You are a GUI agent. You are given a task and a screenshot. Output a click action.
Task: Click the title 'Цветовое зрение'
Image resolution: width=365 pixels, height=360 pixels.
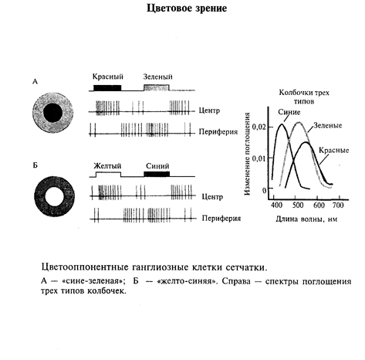pyautogui.click(x=187, y=8)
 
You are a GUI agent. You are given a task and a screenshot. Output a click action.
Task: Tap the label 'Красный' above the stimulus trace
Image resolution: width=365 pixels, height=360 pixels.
pyautogui.click(x=108, y=76)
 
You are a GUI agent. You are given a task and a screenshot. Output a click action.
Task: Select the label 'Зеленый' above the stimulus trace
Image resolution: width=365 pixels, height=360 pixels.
pyautogui.click(x=157, y=76)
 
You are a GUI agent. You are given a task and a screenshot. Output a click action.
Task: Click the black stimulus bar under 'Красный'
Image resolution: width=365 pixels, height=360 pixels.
pyautogui.click(x=107, y=88)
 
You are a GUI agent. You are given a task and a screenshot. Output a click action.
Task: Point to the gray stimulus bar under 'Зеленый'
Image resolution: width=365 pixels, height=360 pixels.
pyautogui.click(x=157, y=88)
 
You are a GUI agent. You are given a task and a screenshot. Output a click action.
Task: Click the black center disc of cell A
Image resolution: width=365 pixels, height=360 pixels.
pyautogui.click(x=52, y=113)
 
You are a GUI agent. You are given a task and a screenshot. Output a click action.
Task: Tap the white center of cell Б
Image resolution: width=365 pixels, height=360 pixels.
pyautogui.click(x=54, y=197)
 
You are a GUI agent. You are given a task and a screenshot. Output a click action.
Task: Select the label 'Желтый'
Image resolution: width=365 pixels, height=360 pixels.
pyautogui.click(x=107, y=166)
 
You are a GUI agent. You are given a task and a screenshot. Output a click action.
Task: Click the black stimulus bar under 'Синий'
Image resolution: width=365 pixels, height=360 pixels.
pyautogui.click(x=157, y=174)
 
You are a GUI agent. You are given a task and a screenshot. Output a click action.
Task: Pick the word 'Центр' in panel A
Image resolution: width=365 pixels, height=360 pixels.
pyautogui.click(x=209, y=110)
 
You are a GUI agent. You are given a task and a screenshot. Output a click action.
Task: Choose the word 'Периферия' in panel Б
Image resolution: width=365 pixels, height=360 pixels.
pyautogui.click(x=221, y=219)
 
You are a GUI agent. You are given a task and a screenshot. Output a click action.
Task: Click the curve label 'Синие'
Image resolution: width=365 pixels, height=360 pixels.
pyautogui.click(x=289, y=112)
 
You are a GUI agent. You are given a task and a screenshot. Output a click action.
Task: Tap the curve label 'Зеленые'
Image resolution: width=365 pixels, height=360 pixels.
pyautogui.click(x=328, y=125)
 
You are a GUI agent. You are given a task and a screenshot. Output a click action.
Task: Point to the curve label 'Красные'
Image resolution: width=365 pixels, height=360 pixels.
pyautogui.click(x=333, y=150)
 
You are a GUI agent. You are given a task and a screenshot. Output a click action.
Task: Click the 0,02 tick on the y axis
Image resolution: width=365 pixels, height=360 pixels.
pyautogui.click(x=259, y=127)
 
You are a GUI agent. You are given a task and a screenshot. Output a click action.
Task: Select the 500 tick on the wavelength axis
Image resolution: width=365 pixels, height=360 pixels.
pyautogui.click(x=298, y=205)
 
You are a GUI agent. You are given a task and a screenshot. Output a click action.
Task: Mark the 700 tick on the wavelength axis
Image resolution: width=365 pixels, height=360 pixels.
pyautogui.click(x=338, y=205)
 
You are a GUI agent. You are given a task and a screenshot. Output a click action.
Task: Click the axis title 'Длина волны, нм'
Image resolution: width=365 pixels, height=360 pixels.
pyautogui.click(x=306, y=219)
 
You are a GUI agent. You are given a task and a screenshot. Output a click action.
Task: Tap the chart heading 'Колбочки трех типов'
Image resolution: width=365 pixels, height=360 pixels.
pyautogui.click(x=304, y=97)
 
